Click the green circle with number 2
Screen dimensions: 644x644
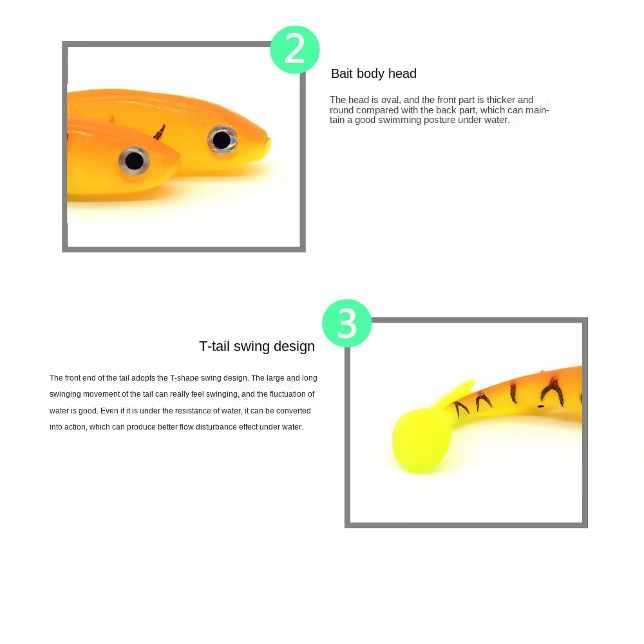click(295, 50)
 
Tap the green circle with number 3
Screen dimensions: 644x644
click(347, 324)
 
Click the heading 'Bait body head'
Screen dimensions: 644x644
click(374, 73)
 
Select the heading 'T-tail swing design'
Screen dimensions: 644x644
click(257, 346)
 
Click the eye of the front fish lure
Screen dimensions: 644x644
click(135, 161)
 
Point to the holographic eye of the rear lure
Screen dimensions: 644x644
click(222, 140)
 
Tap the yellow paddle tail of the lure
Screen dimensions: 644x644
click(422, 440)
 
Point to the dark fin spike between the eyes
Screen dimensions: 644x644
click(160, 132)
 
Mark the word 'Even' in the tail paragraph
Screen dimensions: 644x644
click(109, 411)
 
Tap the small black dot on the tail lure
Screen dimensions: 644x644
click(541, 406)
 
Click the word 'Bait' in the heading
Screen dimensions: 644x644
click(342, 73)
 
